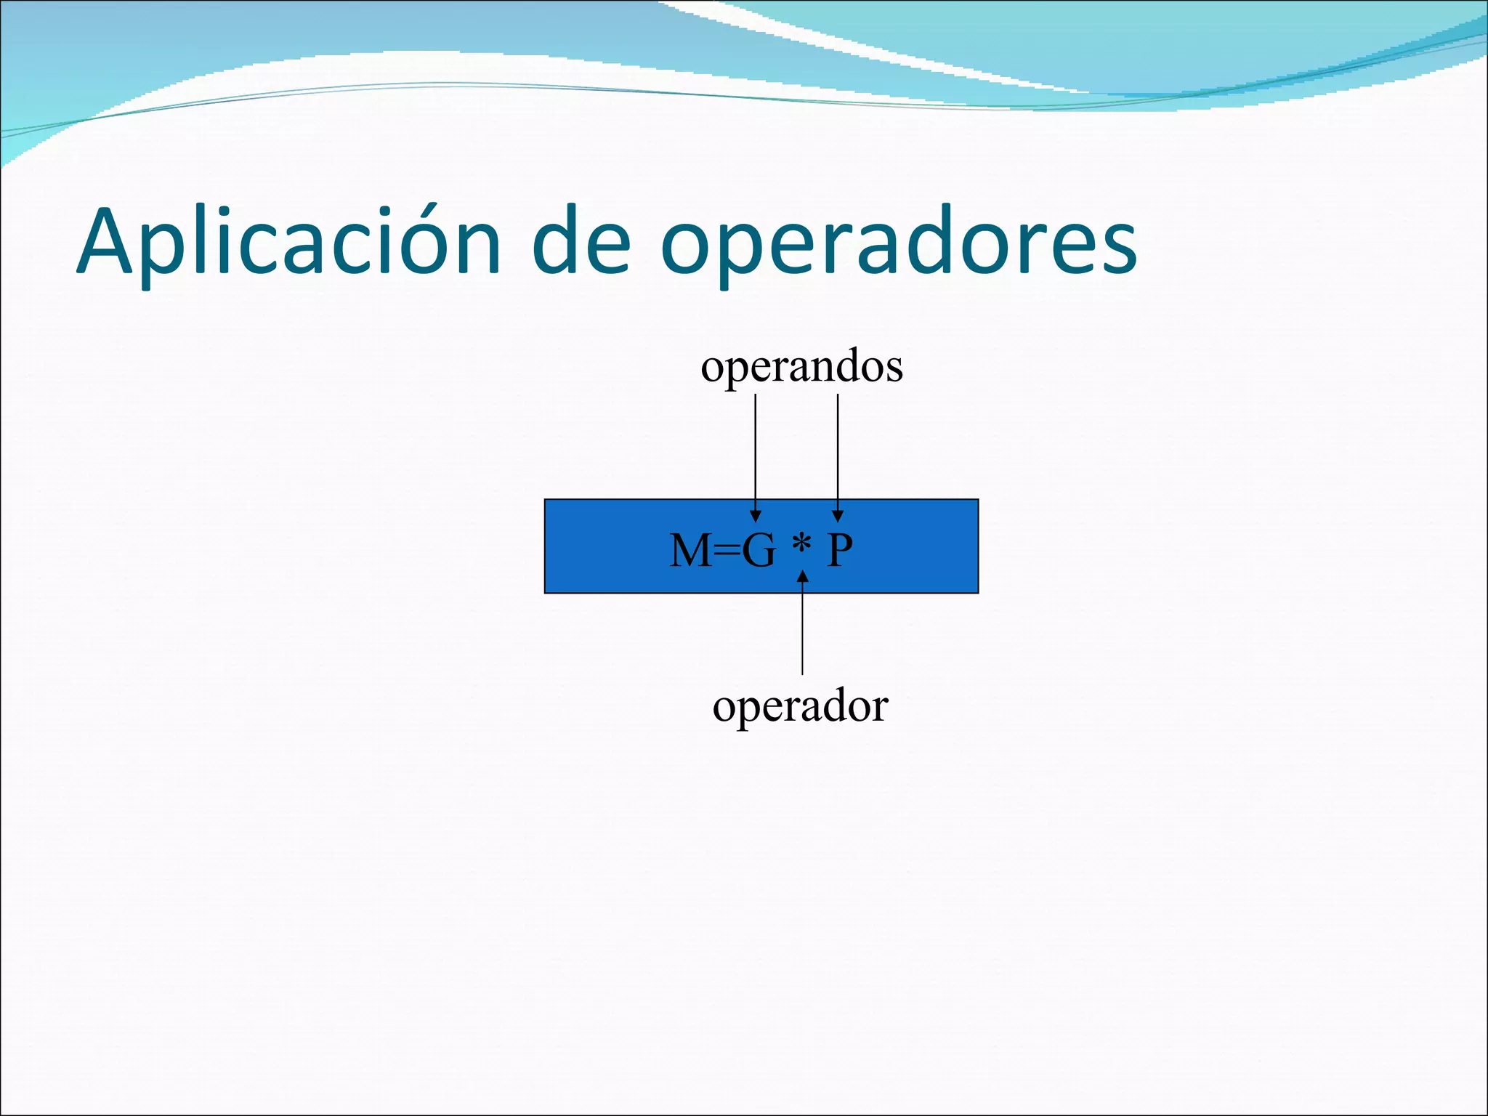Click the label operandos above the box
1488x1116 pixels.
click(x=801, y=366)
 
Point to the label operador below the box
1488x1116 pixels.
click(x=800, y=706)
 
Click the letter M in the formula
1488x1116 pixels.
click(x=690, y=551)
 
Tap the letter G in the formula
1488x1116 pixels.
click(x=759, y=551)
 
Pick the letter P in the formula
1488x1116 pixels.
click(x=840, y=551)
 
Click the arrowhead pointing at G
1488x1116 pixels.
click(x=756, y=516)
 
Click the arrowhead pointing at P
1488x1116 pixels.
click(x=838, y=516)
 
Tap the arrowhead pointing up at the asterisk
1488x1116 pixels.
click(x=802, y=577)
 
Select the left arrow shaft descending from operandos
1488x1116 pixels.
click(x=756, y=450)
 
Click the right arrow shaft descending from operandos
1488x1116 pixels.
click(x=838, y=450)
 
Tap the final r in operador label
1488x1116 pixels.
click(x=880, y=708)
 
